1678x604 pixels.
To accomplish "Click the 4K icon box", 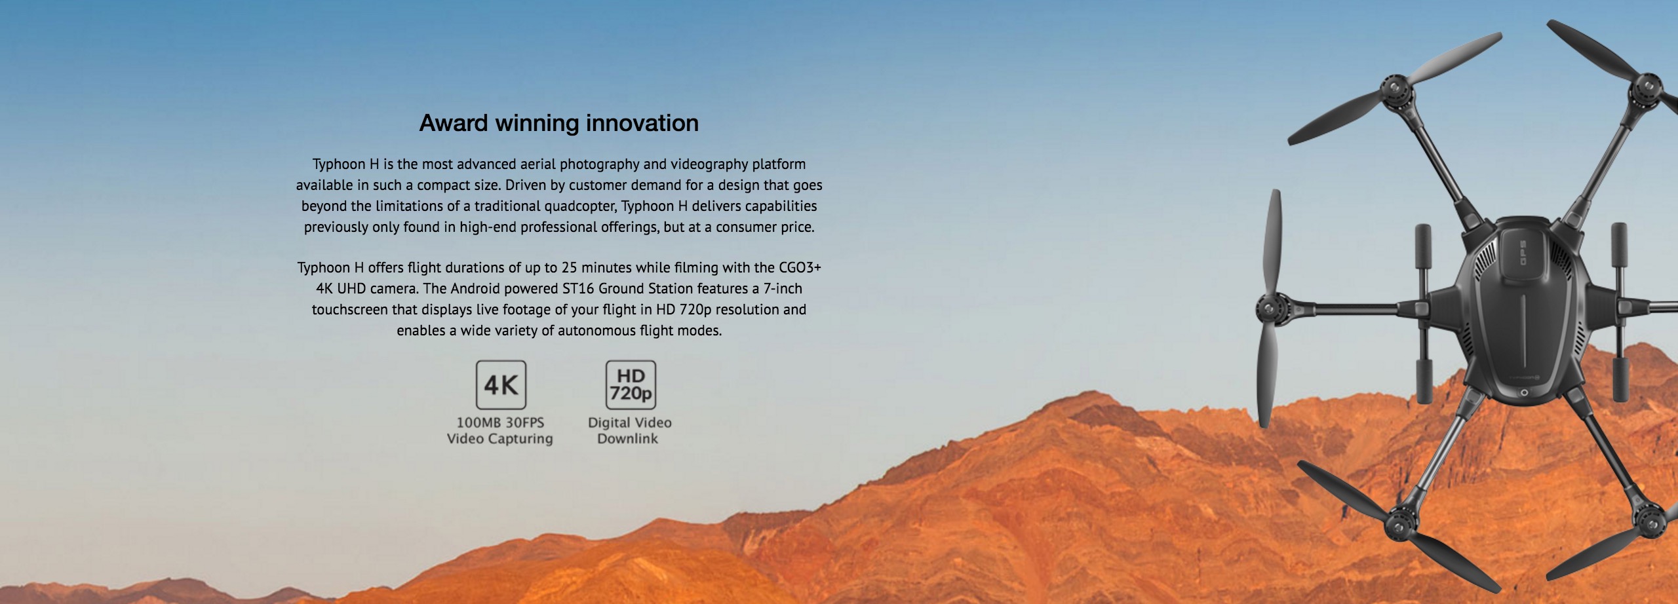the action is [501, 385].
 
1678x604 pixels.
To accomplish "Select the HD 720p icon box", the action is [631, 385].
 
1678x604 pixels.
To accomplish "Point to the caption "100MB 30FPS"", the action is [500, 423].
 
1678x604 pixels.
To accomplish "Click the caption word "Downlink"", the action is [627, 439].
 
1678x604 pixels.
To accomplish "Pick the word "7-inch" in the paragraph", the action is [783, 288].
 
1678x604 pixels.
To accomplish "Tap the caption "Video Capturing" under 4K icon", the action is [500, 439].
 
